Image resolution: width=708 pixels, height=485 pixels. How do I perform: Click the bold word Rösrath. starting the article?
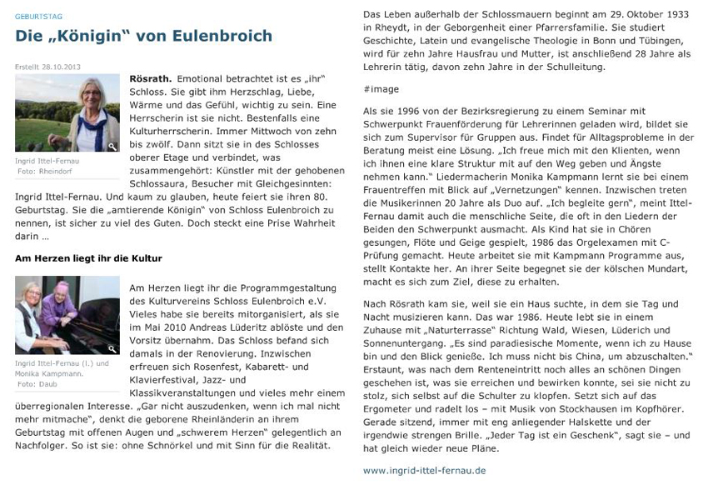click(x=150, y=78)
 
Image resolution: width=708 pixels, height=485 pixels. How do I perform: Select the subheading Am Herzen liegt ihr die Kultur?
click(x=87, y=258)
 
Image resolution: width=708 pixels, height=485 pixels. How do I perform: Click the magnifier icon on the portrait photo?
click(x=112, y=146)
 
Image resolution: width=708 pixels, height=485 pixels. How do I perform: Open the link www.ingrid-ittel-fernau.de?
click(x=424, y=470)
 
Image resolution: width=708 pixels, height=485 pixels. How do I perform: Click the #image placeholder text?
click(x=381, y=88)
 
